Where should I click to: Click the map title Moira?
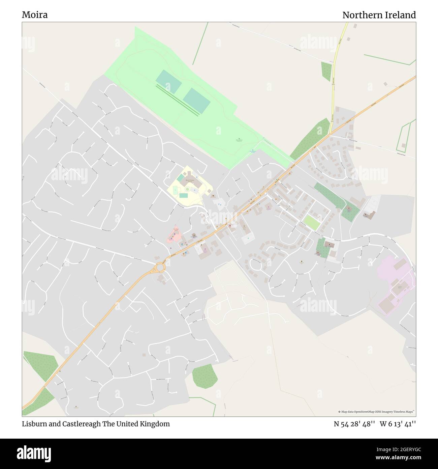[35, 15]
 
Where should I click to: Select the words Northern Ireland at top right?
[379, 15]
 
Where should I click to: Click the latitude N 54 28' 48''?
[354, 424]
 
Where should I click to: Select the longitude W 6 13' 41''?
[398, 424]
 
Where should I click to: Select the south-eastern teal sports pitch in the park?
[197, 100]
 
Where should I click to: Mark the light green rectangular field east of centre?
[311, 222]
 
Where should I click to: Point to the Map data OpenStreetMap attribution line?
[376, 412]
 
